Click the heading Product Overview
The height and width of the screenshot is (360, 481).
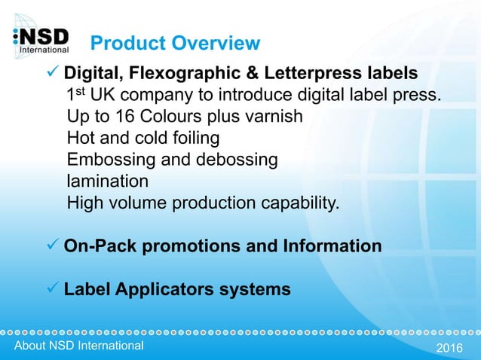[174, 43]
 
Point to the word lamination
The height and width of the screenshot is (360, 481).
[108, 182]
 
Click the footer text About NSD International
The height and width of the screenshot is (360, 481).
[74, 346]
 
